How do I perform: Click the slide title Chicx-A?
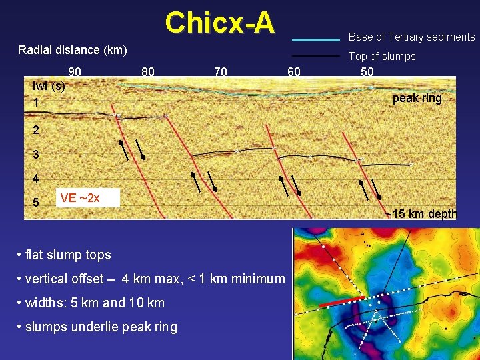click(219, 23)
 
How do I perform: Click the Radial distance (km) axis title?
click(73, 50)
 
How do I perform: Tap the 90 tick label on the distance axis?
click(75, 71)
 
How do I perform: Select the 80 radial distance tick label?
click(148, 71)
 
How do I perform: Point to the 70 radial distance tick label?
click(220, 71)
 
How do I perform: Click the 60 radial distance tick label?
click(293, 71)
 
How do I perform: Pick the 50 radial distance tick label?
click(367, 71)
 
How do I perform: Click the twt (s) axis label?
click(49, 86)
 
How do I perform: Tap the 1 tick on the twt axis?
click(36, 103)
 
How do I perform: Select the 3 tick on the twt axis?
click(36, 155)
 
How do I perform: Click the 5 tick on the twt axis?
click(36, 202)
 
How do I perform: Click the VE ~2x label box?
click(88, 198)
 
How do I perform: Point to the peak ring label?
click(417, 98)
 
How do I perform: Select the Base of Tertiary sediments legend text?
click(411, 37)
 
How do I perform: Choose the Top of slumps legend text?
click(382, 57)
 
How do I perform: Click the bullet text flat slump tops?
click(67, 255)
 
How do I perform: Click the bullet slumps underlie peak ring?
click(100, 327)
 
